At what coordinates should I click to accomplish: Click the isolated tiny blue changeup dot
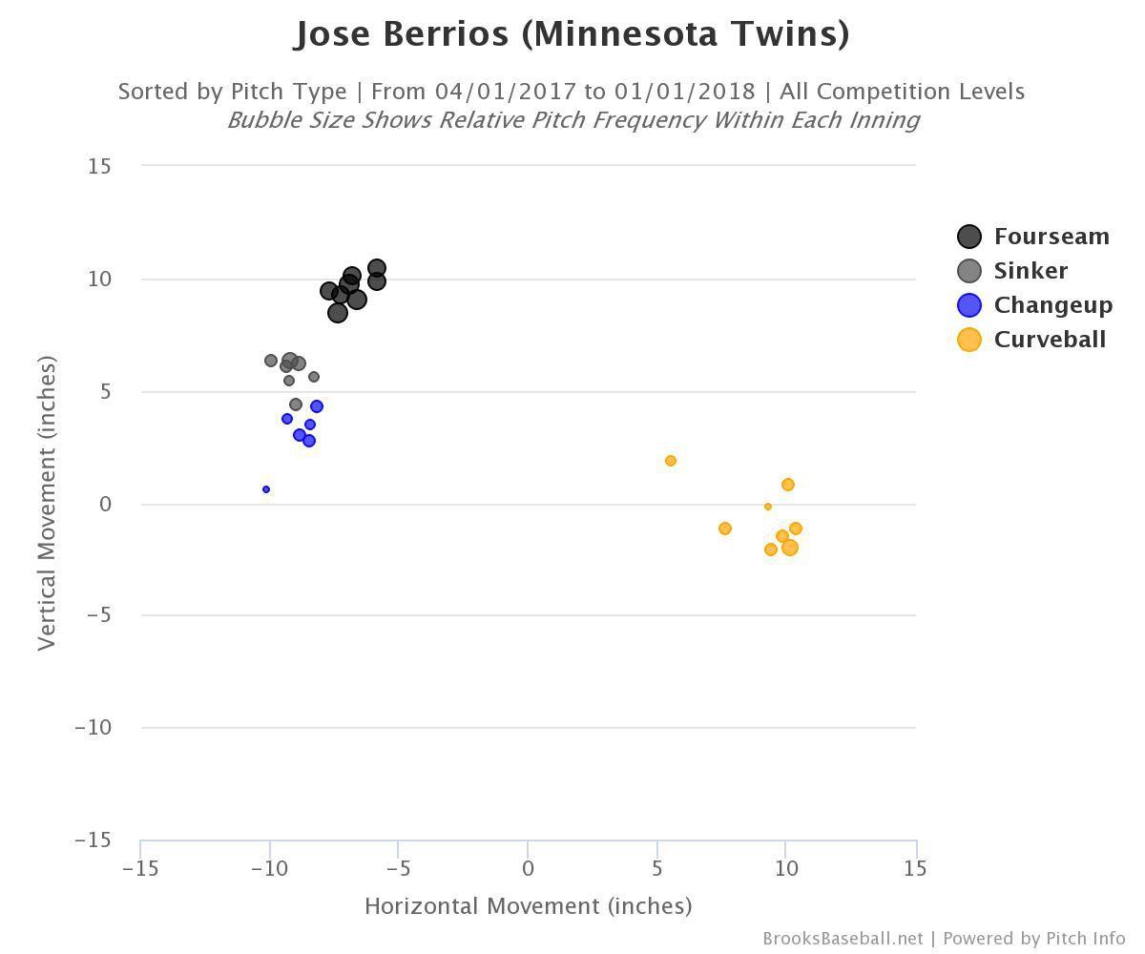pyautogui.click(x=266, y=489)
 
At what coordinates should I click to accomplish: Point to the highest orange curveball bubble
pyautogui.click(x=671, y=461)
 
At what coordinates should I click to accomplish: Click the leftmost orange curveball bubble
pyautogui.click(x=671, y=461)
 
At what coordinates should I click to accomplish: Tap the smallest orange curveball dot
pyautogui.click(x=768, y=507)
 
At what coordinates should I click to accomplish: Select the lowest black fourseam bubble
pyautogui.click(x=337, y=312)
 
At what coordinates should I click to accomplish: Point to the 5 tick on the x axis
pyautogui.click(x=656, y=868)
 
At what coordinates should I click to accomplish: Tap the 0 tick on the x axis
pyautogui.click(x=528, y=868)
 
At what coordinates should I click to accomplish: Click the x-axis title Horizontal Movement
pyautogui.click(x=528, y=905)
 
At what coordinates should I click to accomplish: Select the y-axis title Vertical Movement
pyautogui.click(x=47, y=503)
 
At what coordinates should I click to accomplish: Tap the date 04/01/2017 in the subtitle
pyautogui.click(x=506, y=92)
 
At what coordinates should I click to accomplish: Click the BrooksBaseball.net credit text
pyautogui.click(x=843, y=939)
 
